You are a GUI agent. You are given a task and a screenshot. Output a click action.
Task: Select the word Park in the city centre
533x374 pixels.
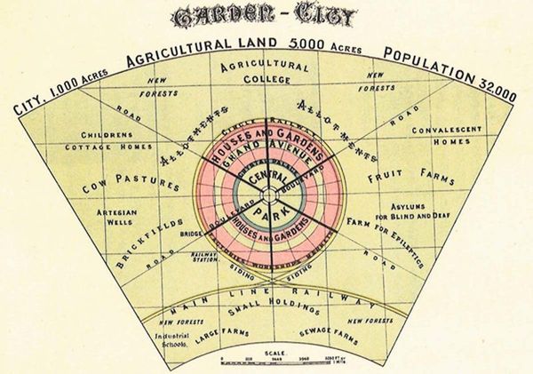click(265, 214)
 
